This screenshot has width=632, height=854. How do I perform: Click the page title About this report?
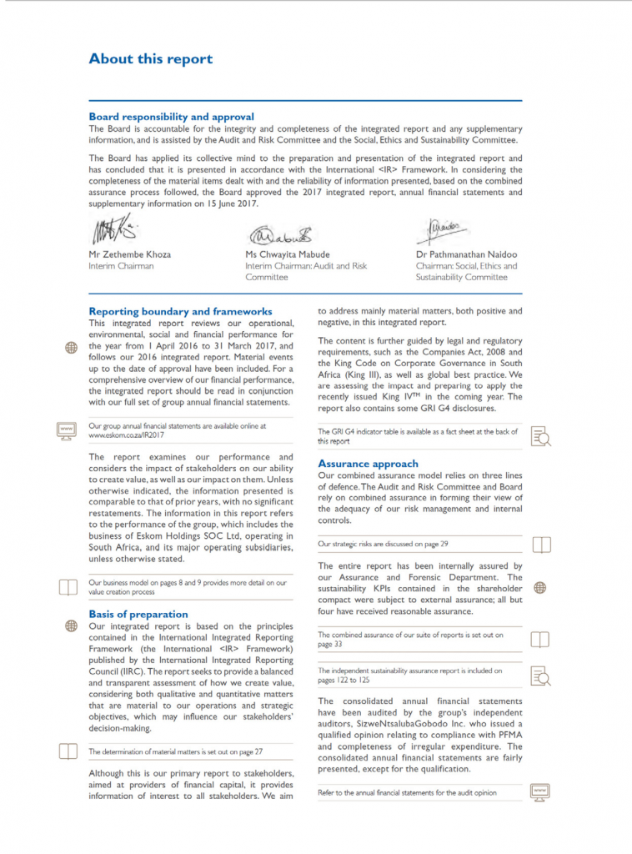pyautogui.click(x=150, y=59)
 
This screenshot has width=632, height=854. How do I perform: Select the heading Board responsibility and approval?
pyautogui.click(x=171, y=117)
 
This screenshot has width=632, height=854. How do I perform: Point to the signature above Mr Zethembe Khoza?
pyautogui.click(x=114, y=230)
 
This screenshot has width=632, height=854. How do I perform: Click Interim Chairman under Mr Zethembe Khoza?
pyautogui.click(x=121, y=266)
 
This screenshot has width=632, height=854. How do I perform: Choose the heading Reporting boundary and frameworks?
pyautogui.click(x=180, y=311)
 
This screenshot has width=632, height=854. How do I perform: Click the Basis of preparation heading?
pyautogui.click(x=138, y=614)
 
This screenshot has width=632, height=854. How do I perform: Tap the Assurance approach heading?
pyautogui.click(x=368, y=464)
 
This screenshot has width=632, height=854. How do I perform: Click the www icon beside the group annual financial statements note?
pyautogui.click(x=67, y=430)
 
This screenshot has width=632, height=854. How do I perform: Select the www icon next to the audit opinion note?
pyautogui.click(x=539, y=791)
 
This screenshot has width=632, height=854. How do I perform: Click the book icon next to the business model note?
pyautogui.click(x=68, y=587)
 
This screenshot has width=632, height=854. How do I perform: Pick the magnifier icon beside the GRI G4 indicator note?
pyautogui.click(x=540, y=436)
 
